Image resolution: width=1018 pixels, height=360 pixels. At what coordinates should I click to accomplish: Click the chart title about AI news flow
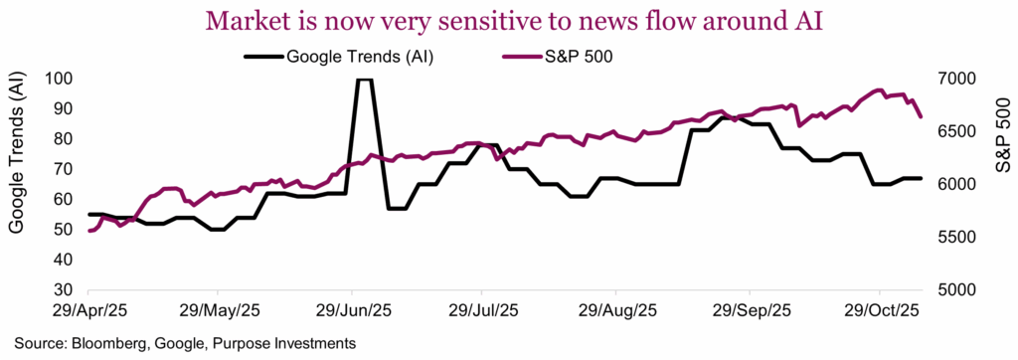[508, 19]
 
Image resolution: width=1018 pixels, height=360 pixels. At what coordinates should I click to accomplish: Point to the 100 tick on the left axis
[62, 80]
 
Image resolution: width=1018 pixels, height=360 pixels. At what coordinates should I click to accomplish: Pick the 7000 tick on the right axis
[951, 80]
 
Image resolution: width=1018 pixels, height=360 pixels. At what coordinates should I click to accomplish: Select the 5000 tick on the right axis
[951, 290]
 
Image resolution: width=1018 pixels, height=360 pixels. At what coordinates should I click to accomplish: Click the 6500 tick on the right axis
[951, 132]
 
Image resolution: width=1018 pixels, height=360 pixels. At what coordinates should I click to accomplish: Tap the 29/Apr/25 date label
[88, 310]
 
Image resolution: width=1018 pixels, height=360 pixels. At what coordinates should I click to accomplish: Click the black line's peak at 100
[364, 80]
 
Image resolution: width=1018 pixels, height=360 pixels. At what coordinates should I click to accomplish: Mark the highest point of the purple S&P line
[879, 90]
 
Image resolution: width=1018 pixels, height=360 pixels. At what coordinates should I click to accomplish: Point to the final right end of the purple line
[921, 116]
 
